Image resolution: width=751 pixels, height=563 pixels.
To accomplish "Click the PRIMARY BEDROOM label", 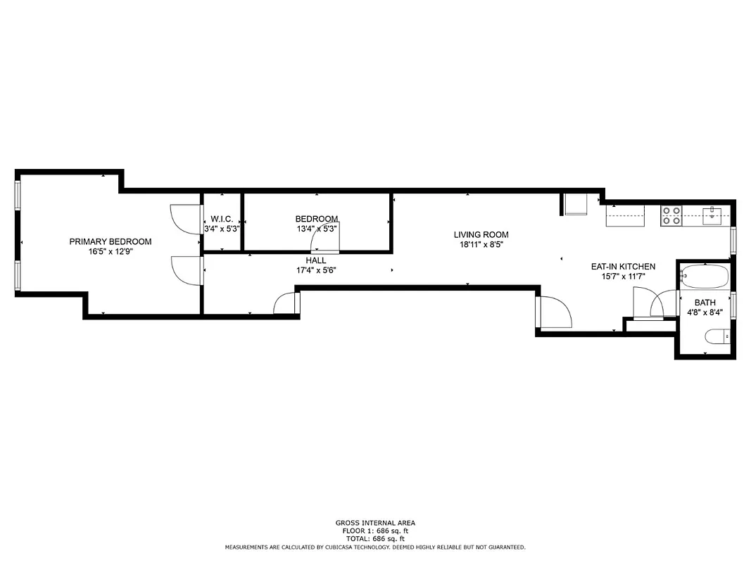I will coord(110,241).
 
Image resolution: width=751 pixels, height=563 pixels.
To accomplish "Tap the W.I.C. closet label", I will coord(222,219).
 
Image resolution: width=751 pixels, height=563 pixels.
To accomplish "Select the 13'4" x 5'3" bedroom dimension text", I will coord(317,229).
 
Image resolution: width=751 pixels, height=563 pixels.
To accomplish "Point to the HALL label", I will coord(316,260).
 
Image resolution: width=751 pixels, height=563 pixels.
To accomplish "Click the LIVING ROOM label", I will coord(481,234).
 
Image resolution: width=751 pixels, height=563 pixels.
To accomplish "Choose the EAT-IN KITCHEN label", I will coord(623,267).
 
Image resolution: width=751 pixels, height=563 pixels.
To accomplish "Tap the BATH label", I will coord(705,303).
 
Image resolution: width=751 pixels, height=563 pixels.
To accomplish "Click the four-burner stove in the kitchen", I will coord(671,215).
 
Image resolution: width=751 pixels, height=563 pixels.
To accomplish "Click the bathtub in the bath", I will coord(705,277).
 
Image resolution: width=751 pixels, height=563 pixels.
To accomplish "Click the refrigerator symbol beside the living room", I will coord(576,205).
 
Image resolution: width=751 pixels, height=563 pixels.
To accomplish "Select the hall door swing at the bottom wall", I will coord(286,303).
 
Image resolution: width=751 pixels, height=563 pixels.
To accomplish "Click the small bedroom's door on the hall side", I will coord(327,241).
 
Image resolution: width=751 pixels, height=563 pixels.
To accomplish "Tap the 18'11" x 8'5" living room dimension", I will coord(481,245).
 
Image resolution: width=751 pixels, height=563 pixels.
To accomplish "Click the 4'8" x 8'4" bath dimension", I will coord(705,312).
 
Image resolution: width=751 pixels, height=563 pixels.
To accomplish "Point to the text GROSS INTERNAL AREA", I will coord(375,523).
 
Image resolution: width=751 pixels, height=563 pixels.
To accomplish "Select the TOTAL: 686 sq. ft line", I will coord(375,538).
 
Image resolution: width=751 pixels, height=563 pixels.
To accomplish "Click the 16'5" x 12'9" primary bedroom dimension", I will coord(110,252).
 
